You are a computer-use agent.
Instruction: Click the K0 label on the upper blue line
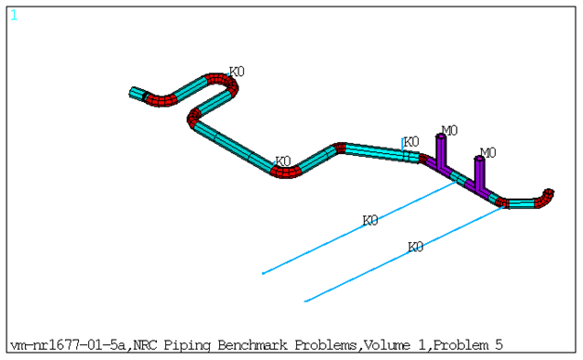point(370,221)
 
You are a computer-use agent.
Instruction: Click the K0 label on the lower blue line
point(416,247)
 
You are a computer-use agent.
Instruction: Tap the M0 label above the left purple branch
point(449,131)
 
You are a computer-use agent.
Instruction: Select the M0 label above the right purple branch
point(487,152)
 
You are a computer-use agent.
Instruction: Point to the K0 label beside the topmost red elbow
point(237,71)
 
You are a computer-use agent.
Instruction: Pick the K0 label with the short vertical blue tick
point(411,142)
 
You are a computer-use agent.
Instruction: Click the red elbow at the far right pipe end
point(549,197)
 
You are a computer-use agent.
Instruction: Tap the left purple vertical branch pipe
point(440,153)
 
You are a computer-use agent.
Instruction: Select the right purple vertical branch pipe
point(479,172)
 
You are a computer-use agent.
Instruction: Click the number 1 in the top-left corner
point(14,15)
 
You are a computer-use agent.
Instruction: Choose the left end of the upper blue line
point(264,273)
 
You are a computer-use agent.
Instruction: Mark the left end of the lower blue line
point(306,301)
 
